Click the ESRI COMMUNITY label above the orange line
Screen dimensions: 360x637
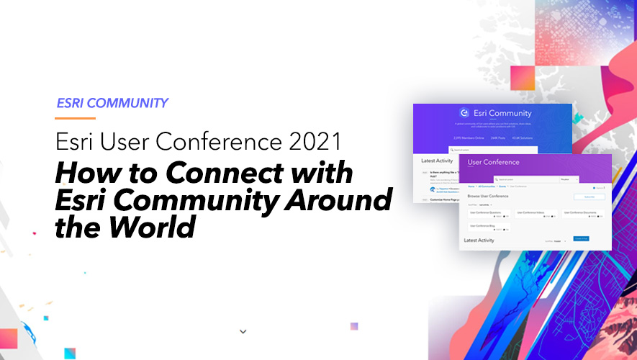click(112, 103)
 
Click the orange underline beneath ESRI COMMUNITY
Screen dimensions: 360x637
click(76, 117)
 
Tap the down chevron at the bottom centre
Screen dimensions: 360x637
click(243, 332)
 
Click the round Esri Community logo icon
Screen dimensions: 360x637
click(464, 113)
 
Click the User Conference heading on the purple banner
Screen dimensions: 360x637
click(494, 163)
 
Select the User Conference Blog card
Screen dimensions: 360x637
click(487, 228)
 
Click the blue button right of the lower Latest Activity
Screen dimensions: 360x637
click(581, 238)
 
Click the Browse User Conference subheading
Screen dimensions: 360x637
click(492, 196)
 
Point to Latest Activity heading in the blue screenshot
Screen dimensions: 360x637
click(436, 161)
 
